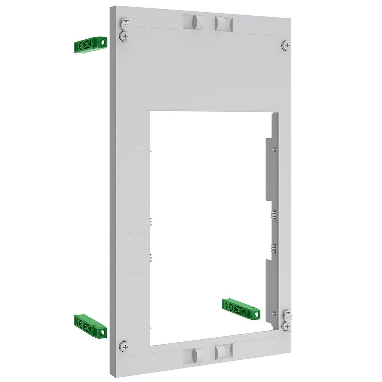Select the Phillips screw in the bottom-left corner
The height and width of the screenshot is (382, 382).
point(123,346)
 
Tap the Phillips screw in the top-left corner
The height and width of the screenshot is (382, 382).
point(124,36)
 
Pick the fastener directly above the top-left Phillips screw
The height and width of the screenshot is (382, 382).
point(124,25)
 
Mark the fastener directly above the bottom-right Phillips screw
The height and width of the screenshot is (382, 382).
point(287,316)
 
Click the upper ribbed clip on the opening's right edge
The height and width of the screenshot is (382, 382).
point(274,215)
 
